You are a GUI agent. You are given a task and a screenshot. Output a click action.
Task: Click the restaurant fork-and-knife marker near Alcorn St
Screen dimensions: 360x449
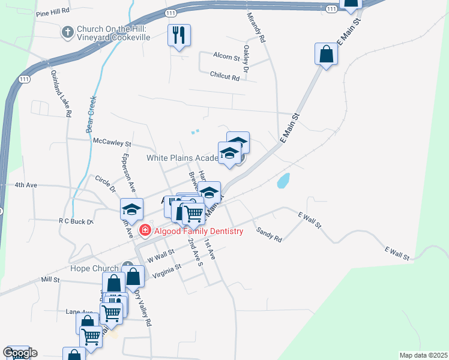click(x=179, y=35)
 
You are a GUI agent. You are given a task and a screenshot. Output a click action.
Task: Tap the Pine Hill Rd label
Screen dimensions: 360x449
click(x=53, y=11)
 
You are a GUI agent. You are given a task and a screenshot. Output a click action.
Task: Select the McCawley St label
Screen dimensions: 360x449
click(x=112, y=143)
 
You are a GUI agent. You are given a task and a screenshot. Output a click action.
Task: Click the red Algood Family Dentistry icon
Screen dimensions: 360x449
click(x=144, y=230)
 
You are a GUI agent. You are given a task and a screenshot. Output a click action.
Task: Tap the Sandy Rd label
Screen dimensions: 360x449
click(x=268, y=234)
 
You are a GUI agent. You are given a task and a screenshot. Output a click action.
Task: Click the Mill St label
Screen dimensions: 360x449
click(x=50, y=280)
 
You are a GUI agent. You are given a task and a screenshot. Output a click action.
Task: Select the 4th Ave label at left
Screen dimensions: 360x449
click(x=26, y=185)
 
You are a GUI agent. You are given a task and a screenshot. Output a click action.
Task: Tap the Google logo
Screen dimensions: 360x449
click(x=20, y=353)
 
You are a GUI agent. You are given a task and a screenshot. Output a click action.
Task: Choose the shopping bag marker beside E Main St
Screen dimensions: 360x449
click(x=326, y=54)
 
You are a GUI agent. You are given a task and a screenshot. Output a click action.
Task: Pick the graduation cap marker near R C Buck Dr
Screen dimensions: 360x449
click(x=131, y=209)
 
